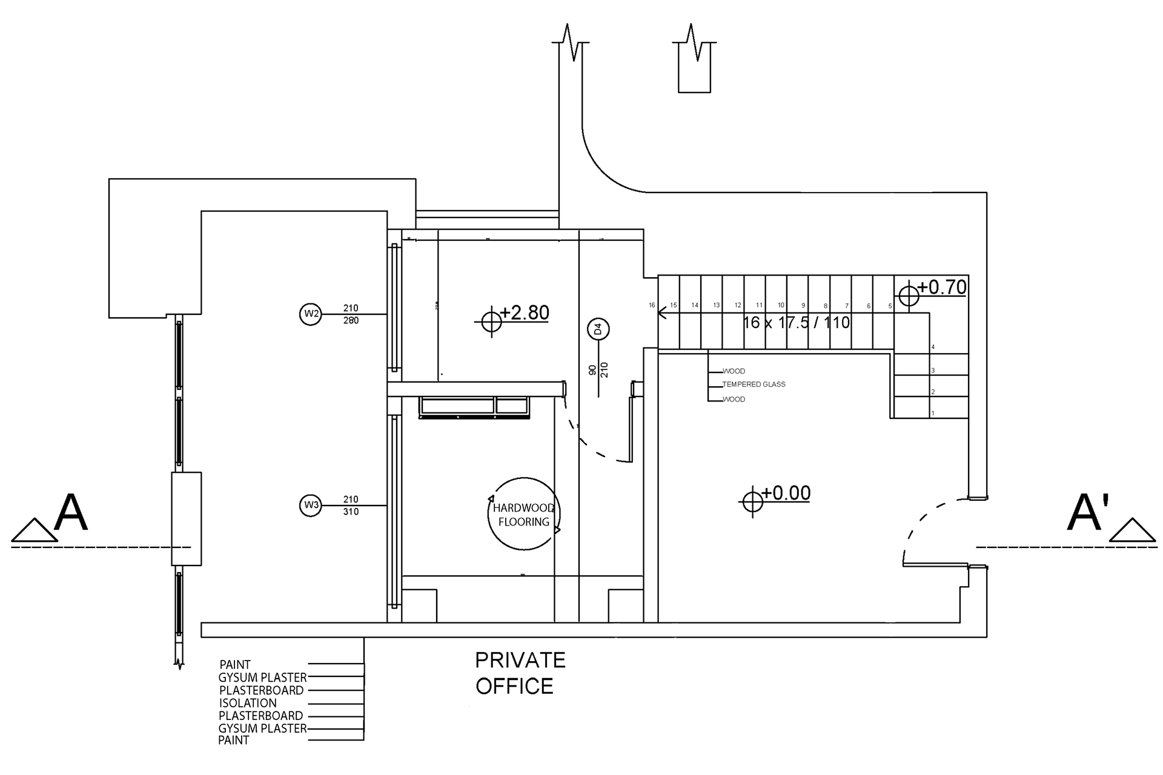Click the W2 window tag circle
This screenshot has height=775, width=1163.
(311, 314)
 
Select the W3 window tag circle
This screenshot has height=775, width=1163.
(311, 505)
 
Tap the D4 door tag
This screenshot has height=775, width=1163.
(598, 329)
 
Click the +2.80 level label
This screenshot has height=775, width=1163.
(525, 312)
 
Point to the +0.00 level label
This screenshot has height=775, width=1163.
(786, 493)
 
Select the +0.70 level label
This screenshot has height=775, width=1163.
(942, 287)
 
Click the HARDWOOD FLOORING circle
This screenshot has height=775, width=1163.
(524, 514)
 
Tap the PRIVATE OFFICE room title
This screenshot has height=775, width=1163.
(520, 673)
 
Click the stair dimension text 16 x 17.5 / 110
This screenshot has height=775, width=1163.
(796, 323)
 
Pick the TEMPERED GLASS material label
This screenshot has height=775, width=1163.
(754, 384)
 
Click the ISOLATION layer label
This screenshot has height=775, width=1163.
(248, 703)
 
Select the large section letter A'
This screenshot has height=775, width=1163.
(1088, 513)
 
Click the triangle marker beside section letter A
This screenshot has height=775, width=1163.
(35, 530)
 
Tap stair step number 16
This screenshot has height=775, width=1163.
(652, 305)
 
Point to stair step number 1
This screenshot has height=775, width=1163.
(933, 414)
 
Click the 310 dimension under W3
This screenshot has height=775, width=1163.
(351, 512)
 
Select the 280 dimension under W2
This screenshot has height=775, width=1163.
(351, 320)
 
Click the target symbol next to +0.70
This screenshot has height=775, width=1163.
(909, 296)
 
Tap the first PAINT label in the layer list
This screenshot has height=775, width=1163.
(235, 664)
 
